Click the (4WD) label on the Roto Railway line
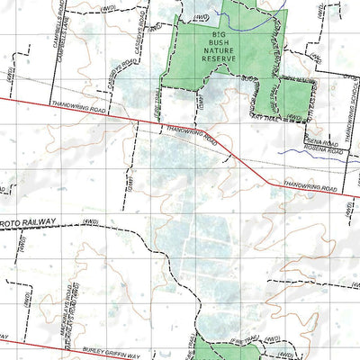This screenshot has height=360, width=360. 88,220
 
